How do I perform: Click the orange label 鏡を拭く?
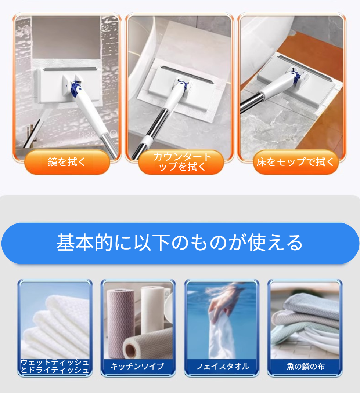(x=67, y=162)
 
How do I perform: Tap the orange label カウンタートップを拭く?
(x=181, y=162)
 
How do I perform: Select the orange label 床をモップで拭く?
(x=296, y=162)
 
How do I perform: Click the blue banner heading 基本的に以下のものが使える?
(x=180, y=243)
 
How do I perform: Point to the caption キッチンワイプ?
(x=137, y=366)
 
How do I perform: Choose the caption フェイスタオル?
(x=222, y=366)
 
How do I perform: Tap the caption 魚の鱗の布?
(x=306, y=366)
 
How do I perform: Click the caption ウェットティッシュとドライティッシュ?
(x=55, y=366)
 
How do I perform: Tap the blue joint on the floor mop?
(x=296, y=76)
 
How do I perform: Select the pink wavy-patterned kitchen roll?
(x=117, y=323)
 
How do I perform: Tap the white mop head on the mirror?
(x=67, y=84)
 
